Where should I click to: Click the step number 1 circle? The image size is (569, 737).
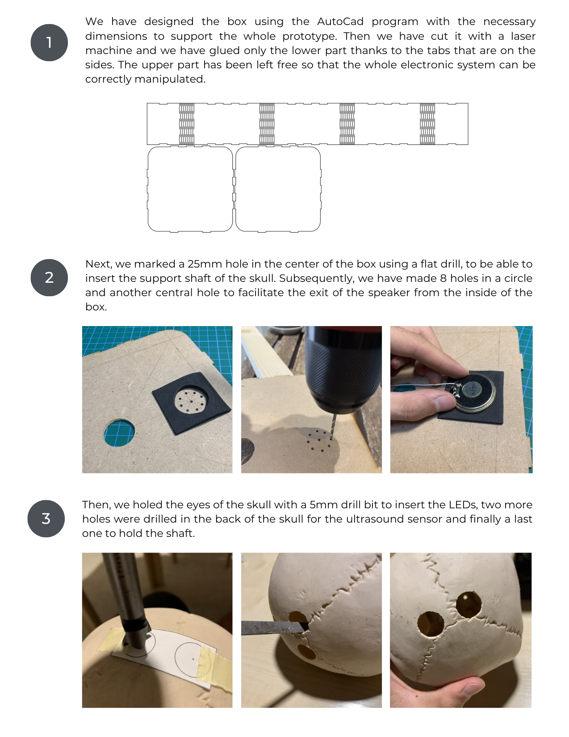pyautogui.click(x=49, y=43)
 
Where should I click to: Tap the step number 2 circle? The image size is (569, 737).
pyautogui.click(x=49, y=277)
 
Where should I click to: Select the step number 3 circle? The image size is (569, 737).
pyautogui.click(x=46, y=518)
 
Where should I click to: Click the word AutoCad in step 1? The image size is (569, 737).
pyautogui.click(x=340, y=21)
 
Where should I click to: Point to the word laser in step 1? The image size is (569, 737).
pyautogui.click(x=523, y=36)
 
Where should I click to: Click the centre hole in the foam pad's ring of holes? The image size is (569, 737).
pyautogui.click(x=191, y=401)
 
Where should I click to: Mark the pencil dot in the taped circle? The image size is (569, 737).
pyautogui.click(x=193, y=659)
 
